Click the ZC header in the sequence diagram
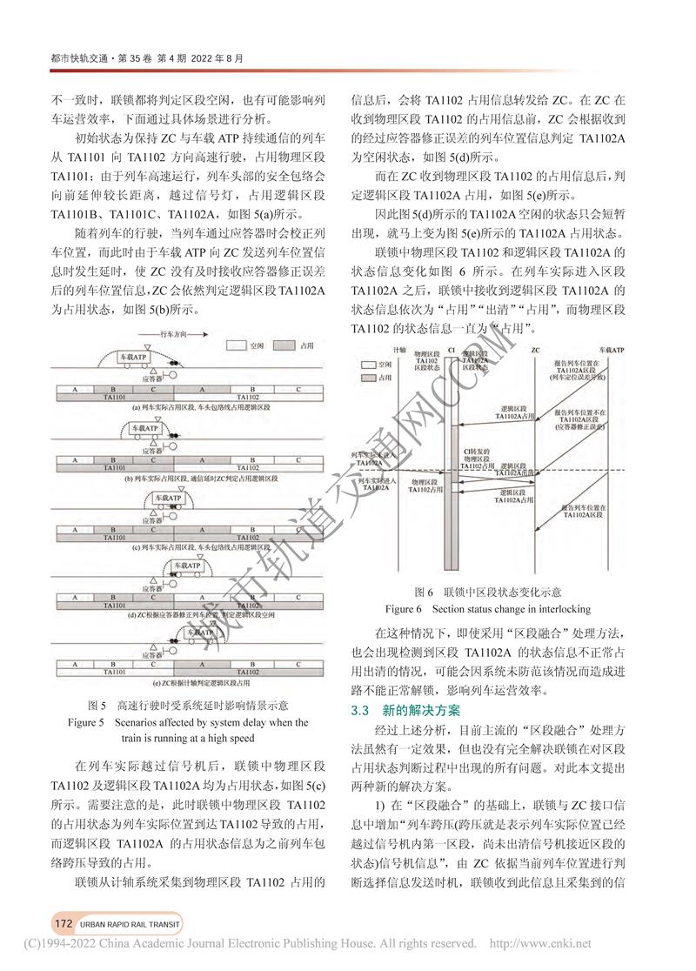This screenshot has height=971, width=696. [x=532, y=350]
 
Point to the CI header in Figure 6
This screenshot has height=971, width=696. [x=450, y=350]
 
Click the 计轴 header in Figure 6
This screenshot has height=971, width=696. [x=399, y=350]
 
